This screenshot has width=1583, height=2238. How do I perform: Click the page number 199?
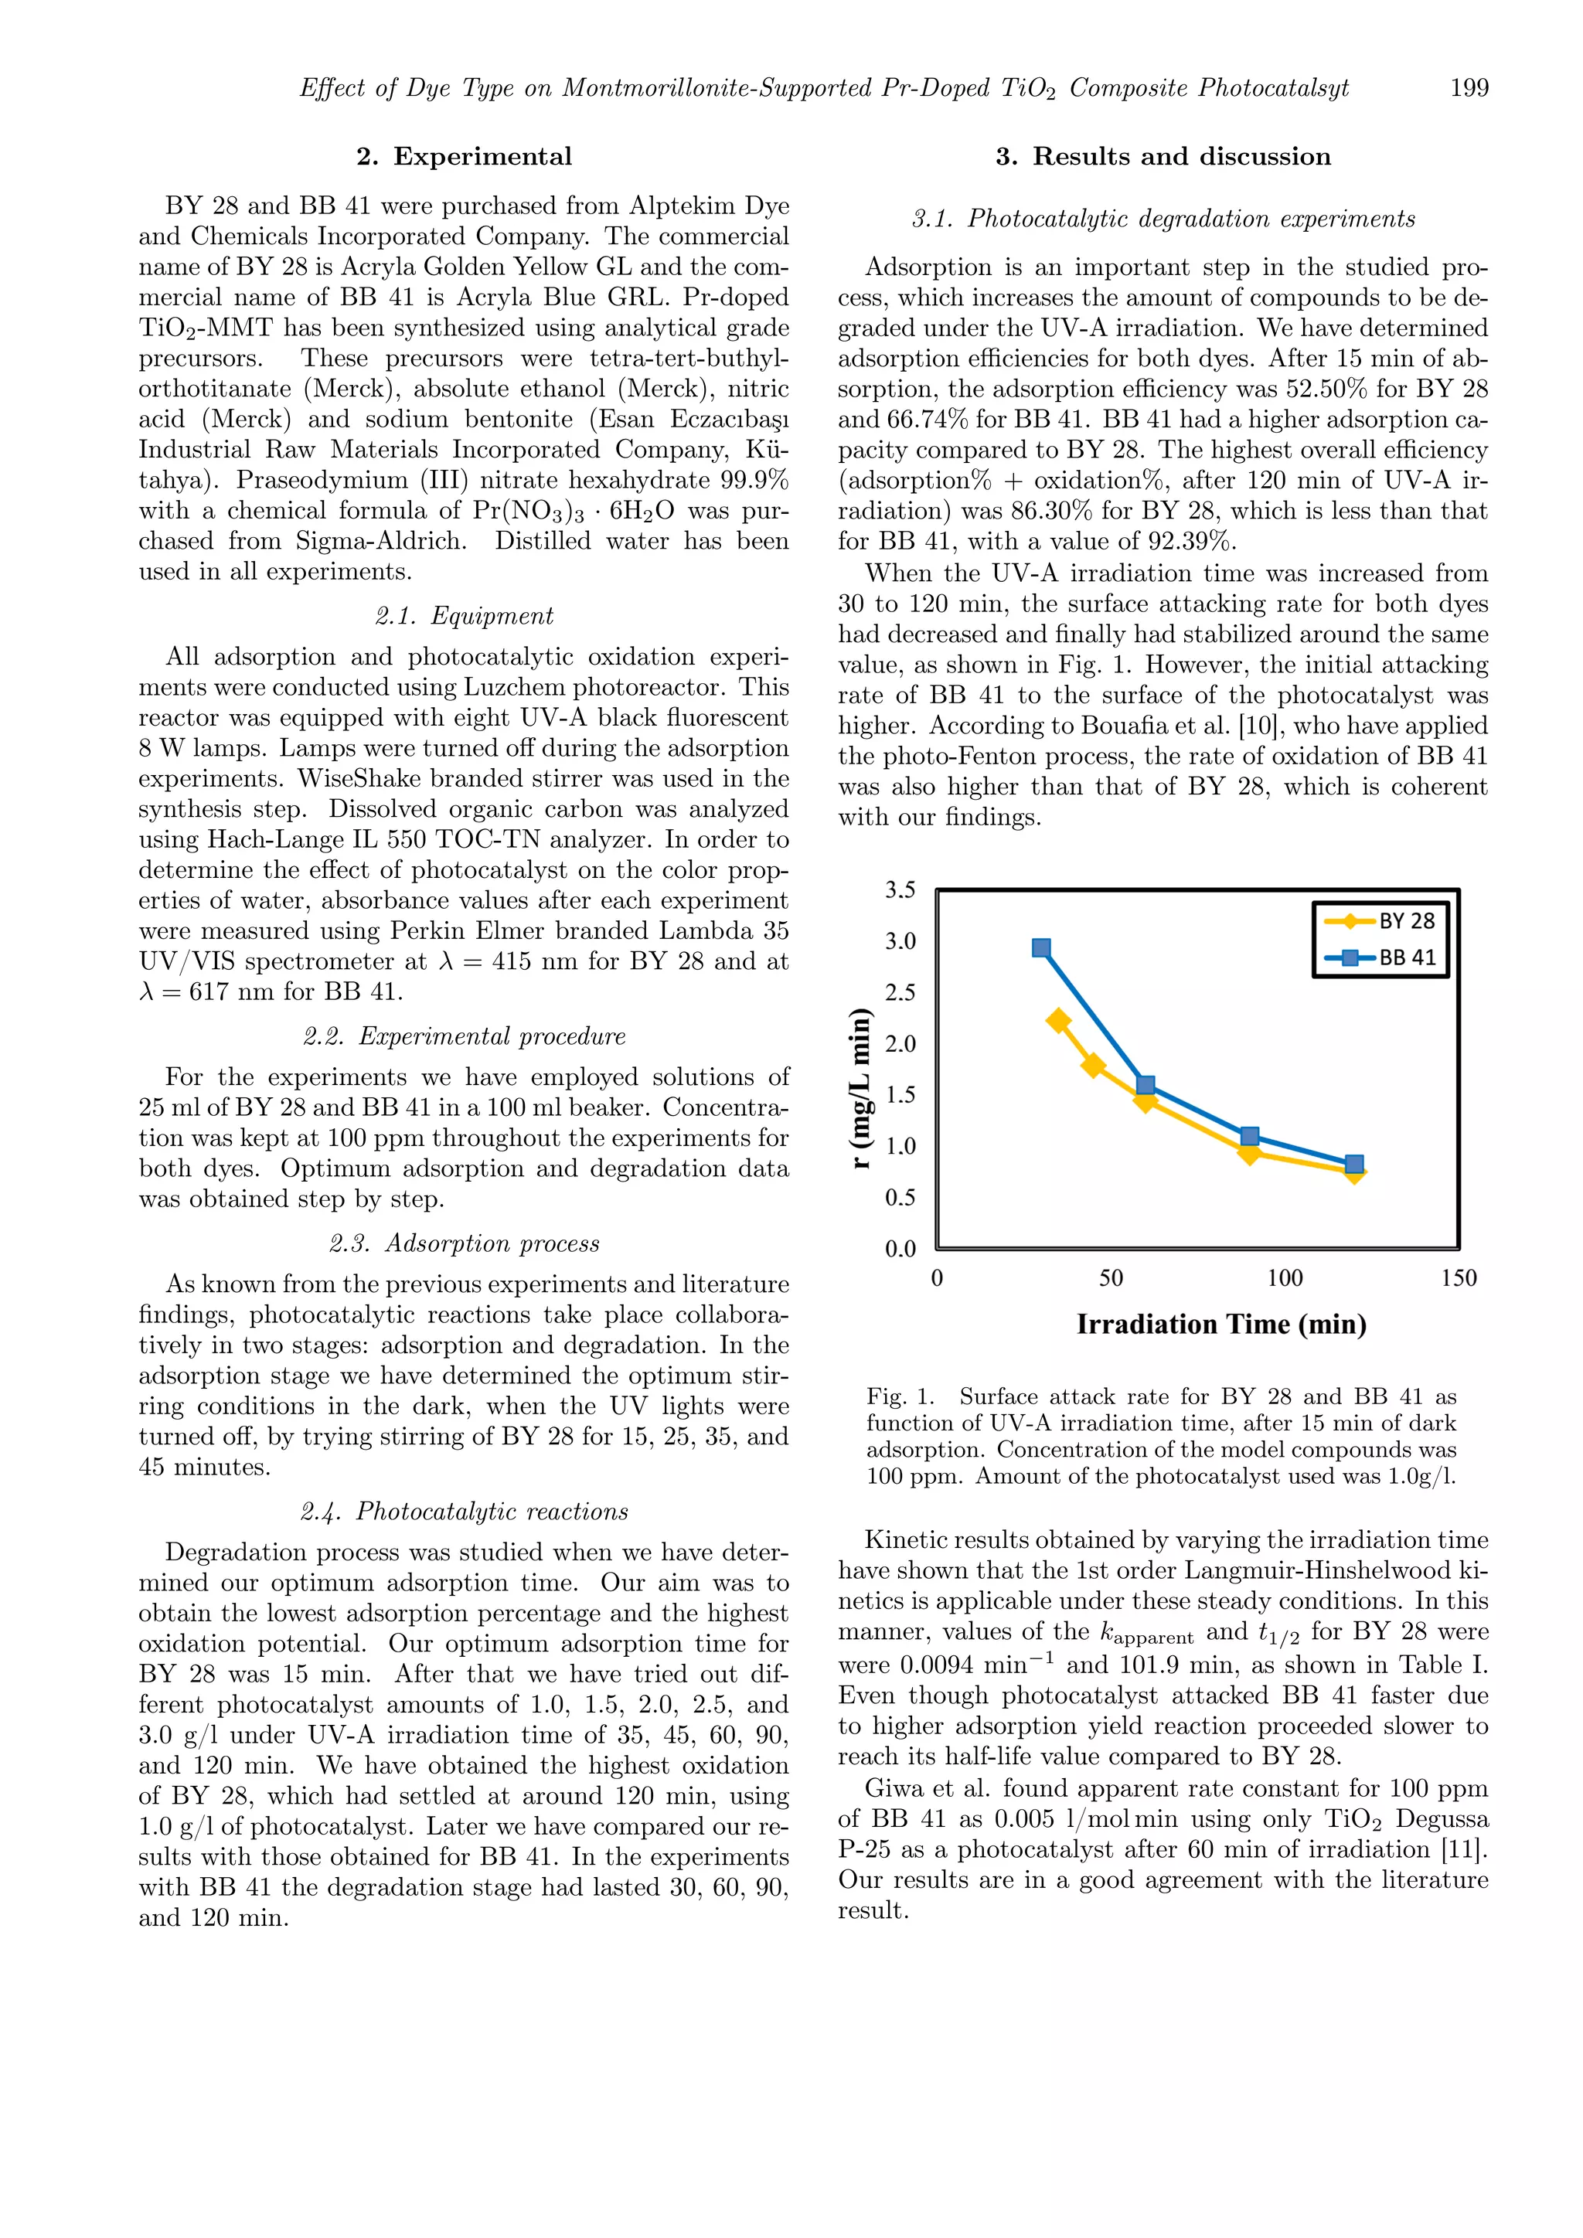click(x=1469, y=88)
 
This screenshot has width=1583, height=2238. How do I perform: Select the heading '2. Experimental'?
click(x=464, y=157)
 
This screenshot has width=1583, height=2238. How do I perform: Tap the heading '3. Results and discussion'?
click(x=1163, y=157)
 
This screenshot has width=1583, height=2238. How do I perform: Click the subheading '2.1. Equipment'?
click(x=464, y=616)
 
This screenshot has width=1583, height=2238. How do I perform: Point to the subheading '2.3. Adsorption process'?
click(x=464, y=1243)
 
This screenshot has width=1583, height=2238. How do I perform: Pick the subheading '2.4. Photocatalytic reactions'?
click(x=464, y=1512)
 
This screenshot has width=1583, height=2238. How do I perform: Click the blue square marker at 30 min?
click(x=1041, y=948)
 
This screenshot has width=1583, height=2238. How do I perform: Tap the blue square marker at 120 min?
click(x=1354, y=1165)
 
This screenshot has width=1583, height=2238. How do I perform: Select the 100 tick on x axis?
click(x=1285, y=1278)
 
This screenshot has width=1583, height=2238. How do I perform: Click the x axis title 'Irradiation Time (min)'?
click(x=1221, y=1325)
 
